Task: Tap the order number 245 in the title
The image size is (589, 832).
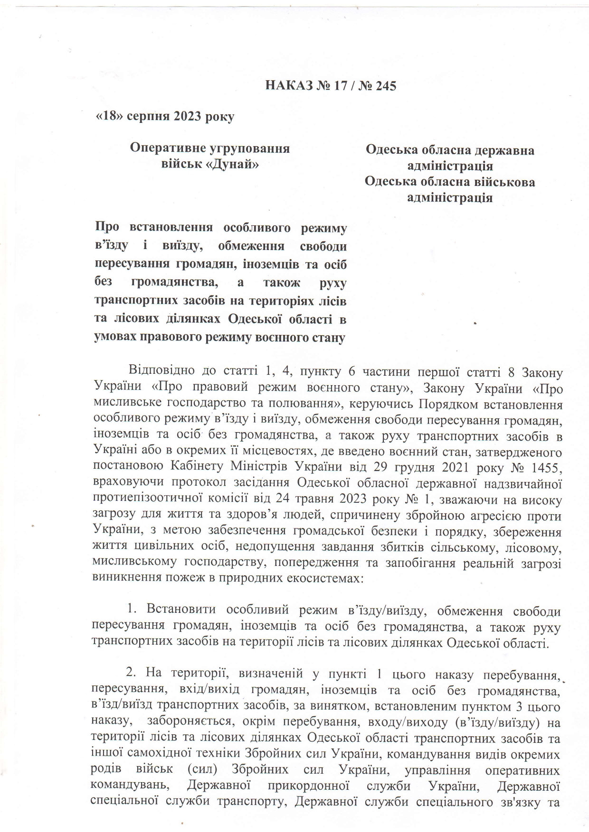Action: [385, 86]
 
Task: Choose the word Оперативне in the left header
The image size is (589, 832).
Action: [168, 148]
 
